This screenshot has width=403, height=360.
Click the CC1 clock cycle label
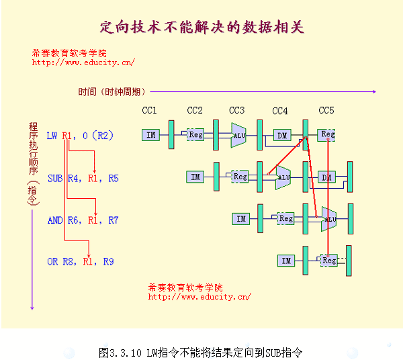click(x=149, y=111)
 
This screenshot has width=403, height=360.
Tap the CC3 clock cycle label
click(x=236, y=111)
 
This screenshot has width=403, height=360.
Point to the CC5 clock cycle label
click(x=326, y=111)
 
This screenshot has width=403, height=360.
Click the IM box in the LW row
click(x=151, y=135)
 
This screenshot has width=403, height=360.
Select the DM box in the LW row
click(x=282, y=135)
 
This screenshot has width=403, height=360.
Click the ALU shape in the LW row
click(x=238, y=135)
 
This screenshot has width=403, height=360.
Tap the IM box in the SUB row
click(x=195, y=177)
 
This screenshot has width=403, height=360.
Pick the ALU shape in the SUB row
click(x=283, y=177)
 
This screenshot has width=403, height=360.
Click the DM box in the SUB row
click(x=326, y=177)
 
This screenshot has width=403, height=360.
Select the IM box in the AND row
click(x=241, y=219)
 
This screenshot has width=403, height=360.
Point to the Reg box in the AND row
click(x=286, y=219)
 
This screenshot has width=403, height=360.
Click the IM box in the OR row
click(x=286, y=261)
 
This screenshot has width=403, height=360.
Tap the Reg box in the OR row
click(x=329, y=261)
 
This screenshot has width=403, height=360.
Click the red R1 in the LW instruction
click(x=67, y=136)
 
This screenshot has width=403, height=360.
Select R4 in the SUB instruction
click(x=73, y=179)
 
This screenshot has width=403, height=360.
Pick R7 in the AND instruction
click(x=113, y=220)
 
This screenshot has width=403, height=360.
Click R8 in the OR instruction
click(x=68, y=261)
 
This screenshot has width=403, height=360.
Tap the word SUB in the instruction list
click(x=55, y=179)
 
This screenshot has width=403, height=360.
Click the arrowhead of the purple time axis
click(x=375, y=91)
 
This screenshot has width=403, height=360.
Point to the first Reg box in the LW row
click(x=195, y=134)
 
